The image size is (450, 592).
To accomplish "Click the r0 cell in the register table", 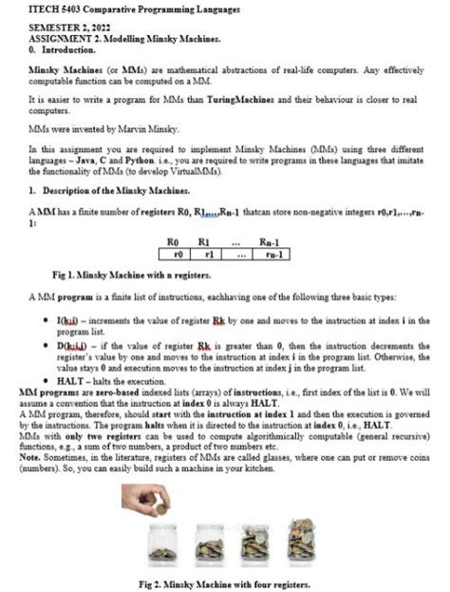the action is (173, 255).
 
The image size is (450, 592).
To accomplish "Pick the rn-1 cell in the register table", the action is (271, 255).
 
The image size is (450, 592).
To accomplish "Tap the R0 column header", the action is (173, 243).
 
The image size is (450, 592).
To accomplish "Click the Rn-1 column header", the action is (271, 243).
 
